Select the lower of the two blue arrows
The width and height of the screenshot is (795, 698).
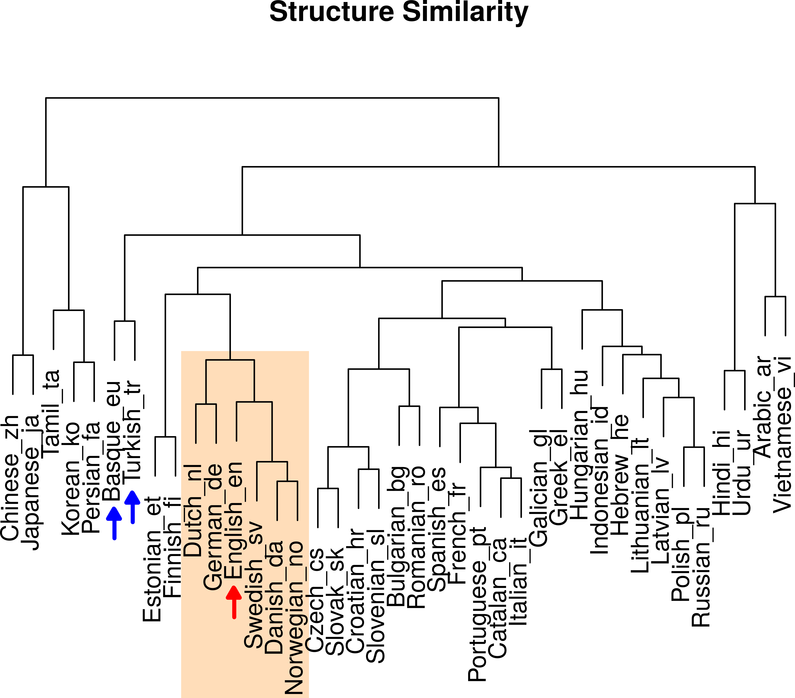click(x=114, y=523)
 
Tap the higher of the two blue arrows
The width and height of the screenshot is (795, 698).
click(x=133, y=507)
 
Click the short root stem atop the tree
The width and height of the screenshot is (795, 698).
click(x=230, y=355)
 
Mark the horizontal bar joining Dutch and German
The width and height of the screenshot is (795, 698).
click(x=206, y=404)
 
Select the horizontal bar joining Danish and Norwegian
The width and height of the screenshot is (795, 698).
click(x=287, y=481)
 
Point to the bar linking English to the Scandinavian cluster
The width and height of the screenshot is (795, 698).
click(x=254, y=402)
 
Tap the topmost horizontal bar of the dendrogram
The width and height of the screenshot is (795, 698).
click(x=230, y=360)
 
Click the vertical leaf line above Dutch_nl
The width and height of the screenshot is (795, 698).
click(x=196, y=424)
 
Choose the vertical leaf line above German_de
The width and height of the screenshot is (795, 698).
click(x=216, y=424)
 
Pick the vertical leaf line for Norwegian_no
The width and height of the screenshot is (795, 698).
click(x=298, y=501)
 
